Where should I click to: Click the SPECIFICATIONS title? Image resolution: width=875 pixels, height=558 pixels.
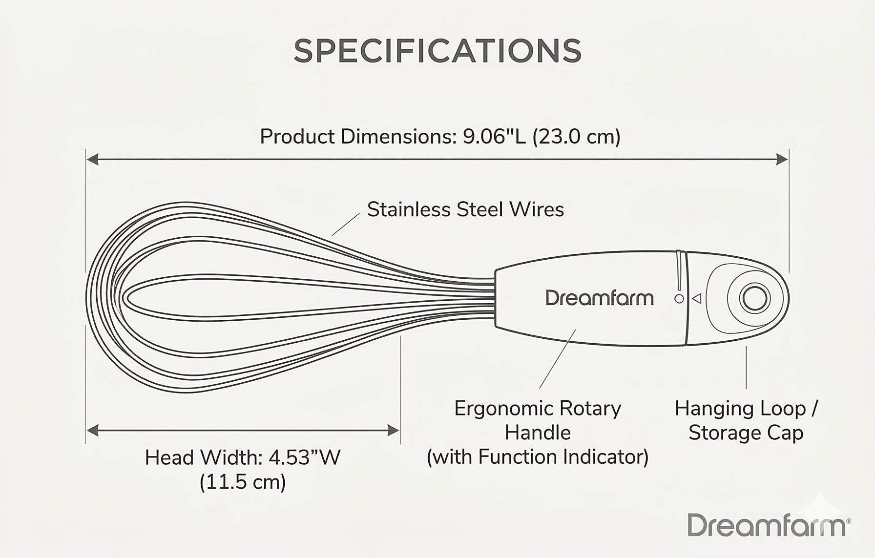tap(437, 51)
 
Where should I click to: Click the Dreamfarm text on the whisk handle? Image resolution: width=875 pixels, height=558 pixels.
tap(599, 298)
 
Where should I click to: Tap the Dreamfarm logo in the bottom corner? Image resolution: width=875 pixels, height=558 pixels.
tap(768, 525)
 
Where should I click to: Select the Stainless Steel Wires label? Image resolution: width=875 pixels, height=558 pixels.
tap(465, 209)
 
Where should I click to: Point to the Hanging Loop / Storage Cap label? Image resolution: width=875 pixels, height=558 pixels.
tap(746, 420)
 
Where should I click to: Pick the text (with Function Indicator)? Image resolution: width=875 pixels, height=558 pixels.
tap(538, 457)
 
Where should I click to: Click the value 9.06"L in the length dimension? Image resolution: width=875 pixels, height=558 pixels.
tap(494, 136)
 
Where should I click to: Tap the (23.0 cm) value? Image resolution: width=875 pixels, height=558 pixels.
tap(576, 136)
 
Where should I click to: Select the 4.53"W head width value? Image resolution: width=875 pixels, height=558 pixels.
tap(304, 457)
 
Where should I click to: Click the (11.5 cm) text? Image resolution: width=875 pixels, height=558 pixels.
tap(243, 482)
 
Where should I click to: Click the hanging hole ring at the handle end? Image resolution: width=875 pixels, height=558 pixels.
tap(754, 298)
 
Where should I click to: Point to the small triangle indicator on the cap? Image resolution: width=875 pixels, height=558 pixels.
tap(697, 298)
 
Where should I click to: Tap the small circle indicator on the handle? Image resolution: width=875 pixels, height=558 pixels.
tap(679, 298)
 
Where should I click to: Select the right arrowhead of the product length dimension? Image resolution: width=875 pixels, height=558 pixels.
tap(782, 159)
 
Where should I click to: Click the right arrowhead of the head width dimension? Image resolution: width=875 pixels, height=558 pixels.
tap(394, 430)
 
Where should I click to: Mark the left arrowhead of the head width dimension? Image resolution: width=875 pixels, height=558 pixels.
tap(92, 430)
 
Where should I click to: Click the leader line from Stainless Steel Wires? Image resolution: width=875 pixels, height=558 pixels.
tap(346, 225)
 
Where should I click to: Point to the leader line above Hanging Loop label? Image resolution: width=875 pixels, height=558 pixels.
tap(746, 368)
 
